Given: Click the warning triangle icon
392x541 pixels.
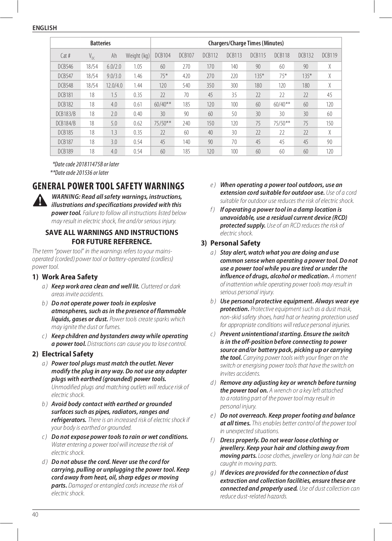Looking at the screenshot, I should (x=40, y=200).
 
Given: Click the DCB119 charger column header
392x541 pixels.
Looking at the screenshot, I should (x=329, y=55).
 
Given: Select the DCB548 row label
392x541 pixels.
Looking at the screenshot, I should (x=65, y=86).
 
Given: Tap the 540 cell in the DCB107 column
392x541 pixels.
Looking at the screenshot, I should (x=186, y=86).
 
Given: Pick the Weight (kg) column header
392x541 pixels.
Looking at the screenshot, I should (x=138, y=55).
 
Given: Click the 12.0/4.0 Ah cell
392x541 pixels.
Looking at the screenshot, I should (x=114, y=86).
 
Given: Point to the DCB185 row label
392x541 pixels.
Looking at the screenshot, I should (x=65, y=133).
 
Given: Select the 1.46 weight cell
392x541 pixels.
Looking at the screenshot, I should (x=138, y=76).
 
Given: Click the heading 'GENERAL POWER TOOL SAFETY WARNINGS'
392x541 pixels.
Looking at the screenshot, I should (x=108, y=186).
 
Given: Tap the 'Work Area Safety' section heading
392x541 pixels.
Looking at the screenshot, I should (x=70, y=277).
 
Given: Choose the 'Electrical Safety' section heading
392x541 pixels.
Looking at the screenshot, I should (x=67, y=354).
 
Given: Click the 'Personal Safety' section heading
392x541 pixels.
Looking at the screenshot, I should (x=235, y=243).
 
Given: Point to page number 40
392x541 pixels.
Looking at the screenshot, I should (x=36, y=515).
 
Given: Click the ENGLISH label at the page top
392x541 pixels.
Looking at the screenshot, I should (x=45, y=28).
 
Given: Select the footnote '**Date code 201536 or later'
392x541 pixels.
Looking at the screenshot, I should (x=79, y=173).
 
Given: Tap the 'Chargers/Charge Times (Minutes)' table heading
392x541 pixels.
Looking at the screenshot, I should (x=246, y=43).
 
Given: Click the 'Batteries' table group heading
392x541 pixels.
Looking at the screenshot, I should (x=100, y=43).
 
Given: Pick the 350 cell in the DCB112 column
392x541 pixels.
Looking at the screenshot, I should (x=210, y=86).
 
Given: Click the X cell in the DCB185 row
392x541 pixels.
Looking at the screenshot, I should (x=329, y=133).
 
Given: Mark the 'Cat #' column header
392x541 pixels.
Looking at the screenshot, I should (x=65, y=55).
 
